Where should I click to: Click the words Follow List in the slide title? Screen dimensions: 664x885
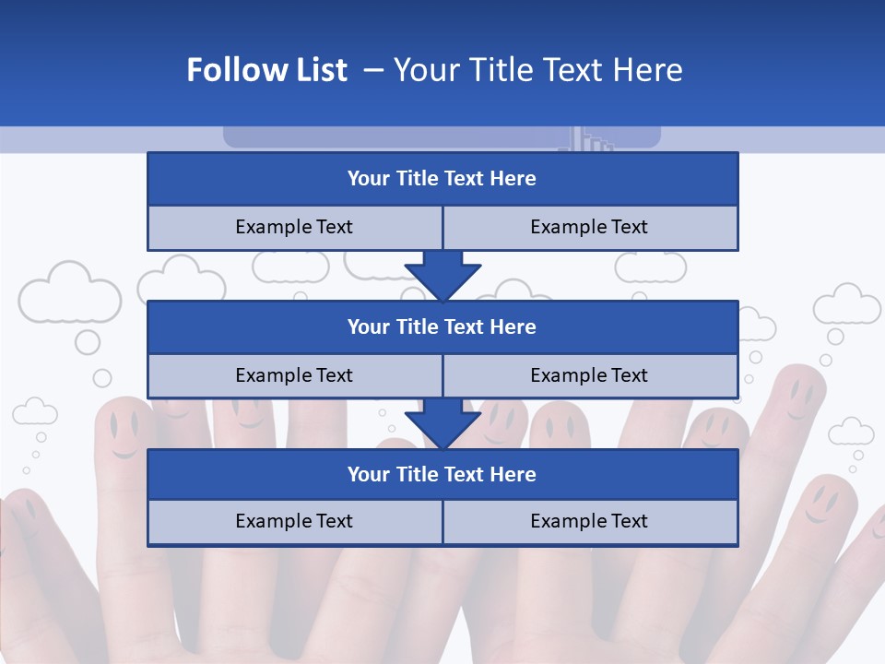coord(266,70)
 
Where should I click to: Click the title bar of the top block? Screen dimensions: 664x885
coord(442,179)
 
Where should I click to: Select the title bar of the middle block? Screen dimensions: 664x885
coord(442,326)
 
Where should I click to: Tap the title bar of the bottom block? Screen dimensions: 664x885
coord(442,474)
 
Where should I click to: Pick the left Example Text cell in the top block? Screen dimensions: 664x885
coord(294,228)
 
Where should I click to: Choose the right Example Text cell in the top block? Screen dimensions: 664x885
coord(589,228)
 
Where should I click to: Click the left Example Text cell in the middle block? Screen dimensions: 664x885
coord(294,375)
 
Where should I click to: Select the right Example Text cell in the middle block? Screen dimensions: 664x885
coord(589,375)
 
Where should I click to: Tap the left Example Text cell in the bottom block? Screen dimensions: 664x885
coord(294,522)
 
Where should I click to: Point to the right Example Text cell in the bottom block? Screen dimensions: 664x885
coord(589,522)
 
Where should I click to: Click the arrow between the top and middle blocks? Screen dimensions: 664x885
coord(442,275)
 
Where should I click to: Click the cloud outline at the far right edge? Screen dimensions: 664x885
coord(846,304)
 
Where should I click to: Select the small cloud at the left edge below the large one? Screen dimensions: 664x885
coord(35,411)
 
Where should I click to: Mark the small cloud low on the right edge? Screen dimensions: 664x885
coord(851,432)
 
